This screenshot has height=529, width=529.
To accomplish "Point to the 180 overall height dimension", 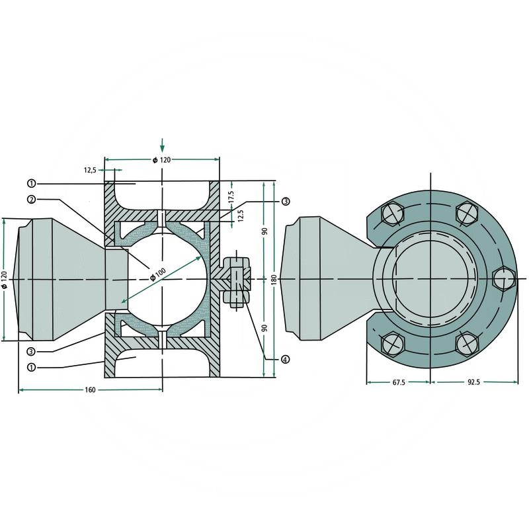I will [274, 280].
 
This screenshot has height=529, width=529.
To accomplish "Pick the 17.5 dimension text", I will [231, 196].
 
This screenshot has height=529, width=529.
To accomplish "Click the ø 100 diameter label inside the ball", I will [157, 273].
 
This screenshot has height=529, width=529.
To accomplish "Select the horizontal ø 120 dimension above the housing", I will [161, 160].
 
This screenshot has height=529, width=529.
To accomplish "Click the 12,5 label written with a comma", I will [91, 170].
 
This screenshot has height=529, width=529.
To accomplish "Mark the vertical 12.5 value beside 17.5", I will [241, 216].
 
